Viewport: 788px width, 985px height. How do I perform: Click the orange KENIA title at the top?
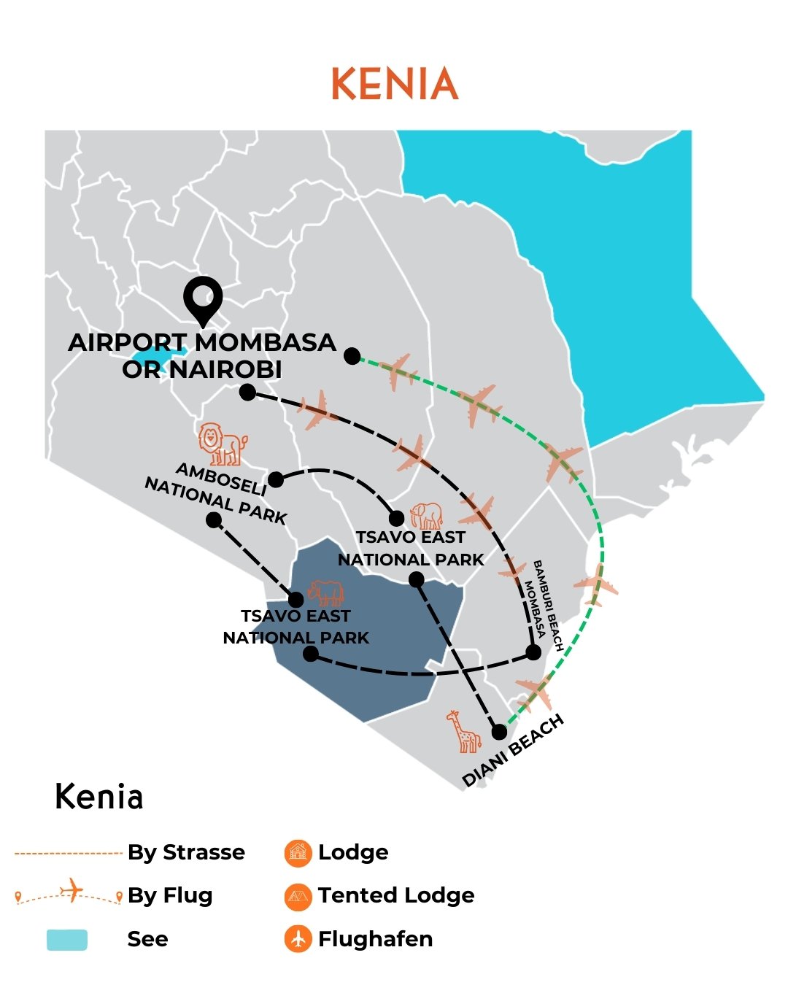click(395, 84)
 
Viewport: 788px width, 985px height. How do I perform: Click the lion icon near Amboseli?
click(223, 444)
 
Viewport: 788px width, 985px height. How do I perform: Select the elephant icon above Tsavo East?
click(427, 515)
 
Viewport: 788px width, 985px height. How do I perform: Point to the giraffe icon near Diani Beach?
click(464, 731)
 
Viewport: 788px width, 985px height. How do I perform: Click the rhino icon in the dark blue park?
click(325, 594)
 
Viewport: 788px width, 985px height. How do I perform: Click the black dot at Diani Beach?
click(499, 732)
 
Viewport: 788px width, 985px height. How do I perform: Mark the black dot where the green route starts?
click(352, 356)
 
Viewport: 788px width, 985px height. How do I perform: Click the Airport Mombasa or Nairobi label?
click(202, 356)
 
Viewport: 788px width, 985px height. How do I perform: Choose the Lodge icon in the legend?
click(298, 853)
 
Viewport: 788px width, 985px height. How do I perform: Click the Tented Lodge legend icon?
click(298, 896)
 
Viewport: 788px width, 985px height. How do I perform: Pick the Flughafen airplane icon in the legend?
click(298, 939)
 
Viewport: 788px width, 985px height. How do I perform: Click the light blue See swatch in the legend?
click(67, 940)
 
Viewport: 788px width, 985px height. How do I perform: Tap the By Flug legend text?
click(170, 895)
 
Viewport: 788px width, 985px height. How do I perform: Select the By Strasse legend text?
click(186, 852)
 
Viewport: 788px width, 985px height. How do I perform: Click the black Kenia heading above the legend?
click(99, 797)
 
